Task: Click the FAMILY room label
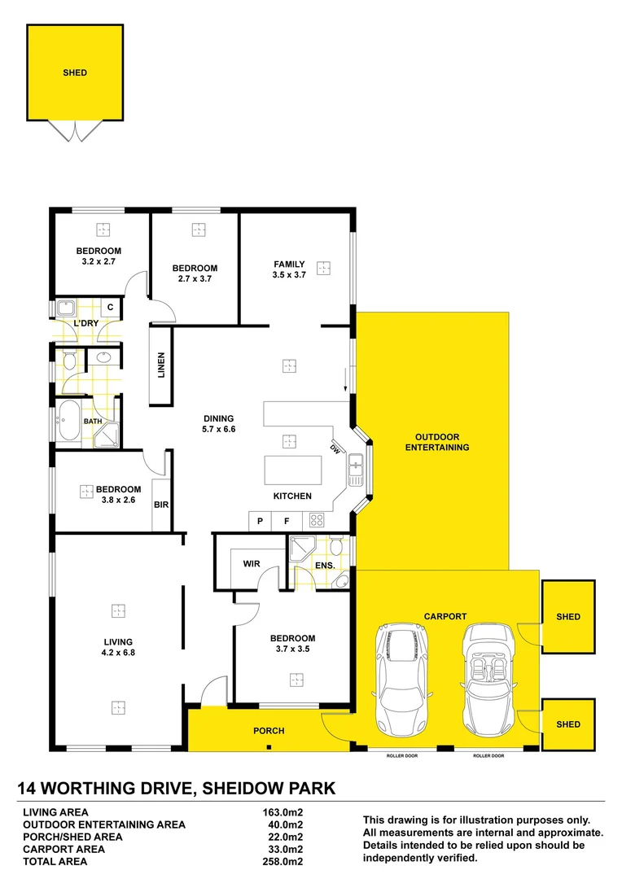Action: click(289, 265)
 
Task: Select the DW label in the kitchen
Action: click(335, 449)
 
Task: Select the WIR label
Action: click(251, 563)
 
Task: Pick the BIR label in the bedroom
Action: click(161, 505)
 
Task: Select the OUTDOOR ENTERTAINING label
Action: click(437, 442)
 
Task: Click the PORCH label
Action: click(269, 731)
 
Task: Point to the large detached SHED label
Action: click(75, 72)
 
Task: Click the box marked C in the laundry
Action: click(110, 308)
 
